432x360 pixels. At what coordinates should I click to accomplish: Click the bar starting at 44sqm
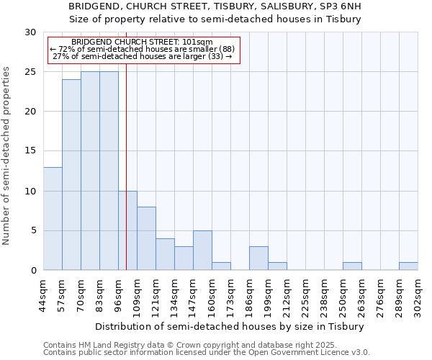click(x=53, y=219)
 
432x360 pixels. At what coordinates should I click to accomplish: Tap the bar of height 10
click(x=127, y=230)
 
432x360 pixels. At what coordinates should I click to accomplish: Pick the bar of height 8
click(x=146, y=238)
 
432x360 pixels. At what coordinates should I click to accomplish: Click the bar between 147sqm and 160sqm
click(x=202, y=251)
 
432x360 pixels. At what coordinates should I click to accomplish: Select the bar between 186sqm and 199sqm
click(x=258, y=258)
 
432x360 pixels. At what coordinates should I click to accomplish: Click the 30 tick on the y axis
click(x=30, y=32)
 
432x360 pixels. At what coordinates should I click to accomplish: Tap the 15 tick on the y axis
click(x=30, y=151)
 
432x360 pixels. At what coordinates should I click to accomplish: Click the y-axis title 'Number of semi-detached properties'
click(x=7, y=156)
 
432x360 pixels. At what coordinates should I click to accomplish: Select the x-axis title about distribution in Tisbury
click(x=230, y=326)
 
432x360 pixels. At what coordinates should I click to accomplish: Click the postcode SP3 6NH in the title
click(x=342, y=6)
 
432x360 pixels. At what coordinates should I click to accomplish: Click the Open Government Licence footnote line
click(x=207, y=353)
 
